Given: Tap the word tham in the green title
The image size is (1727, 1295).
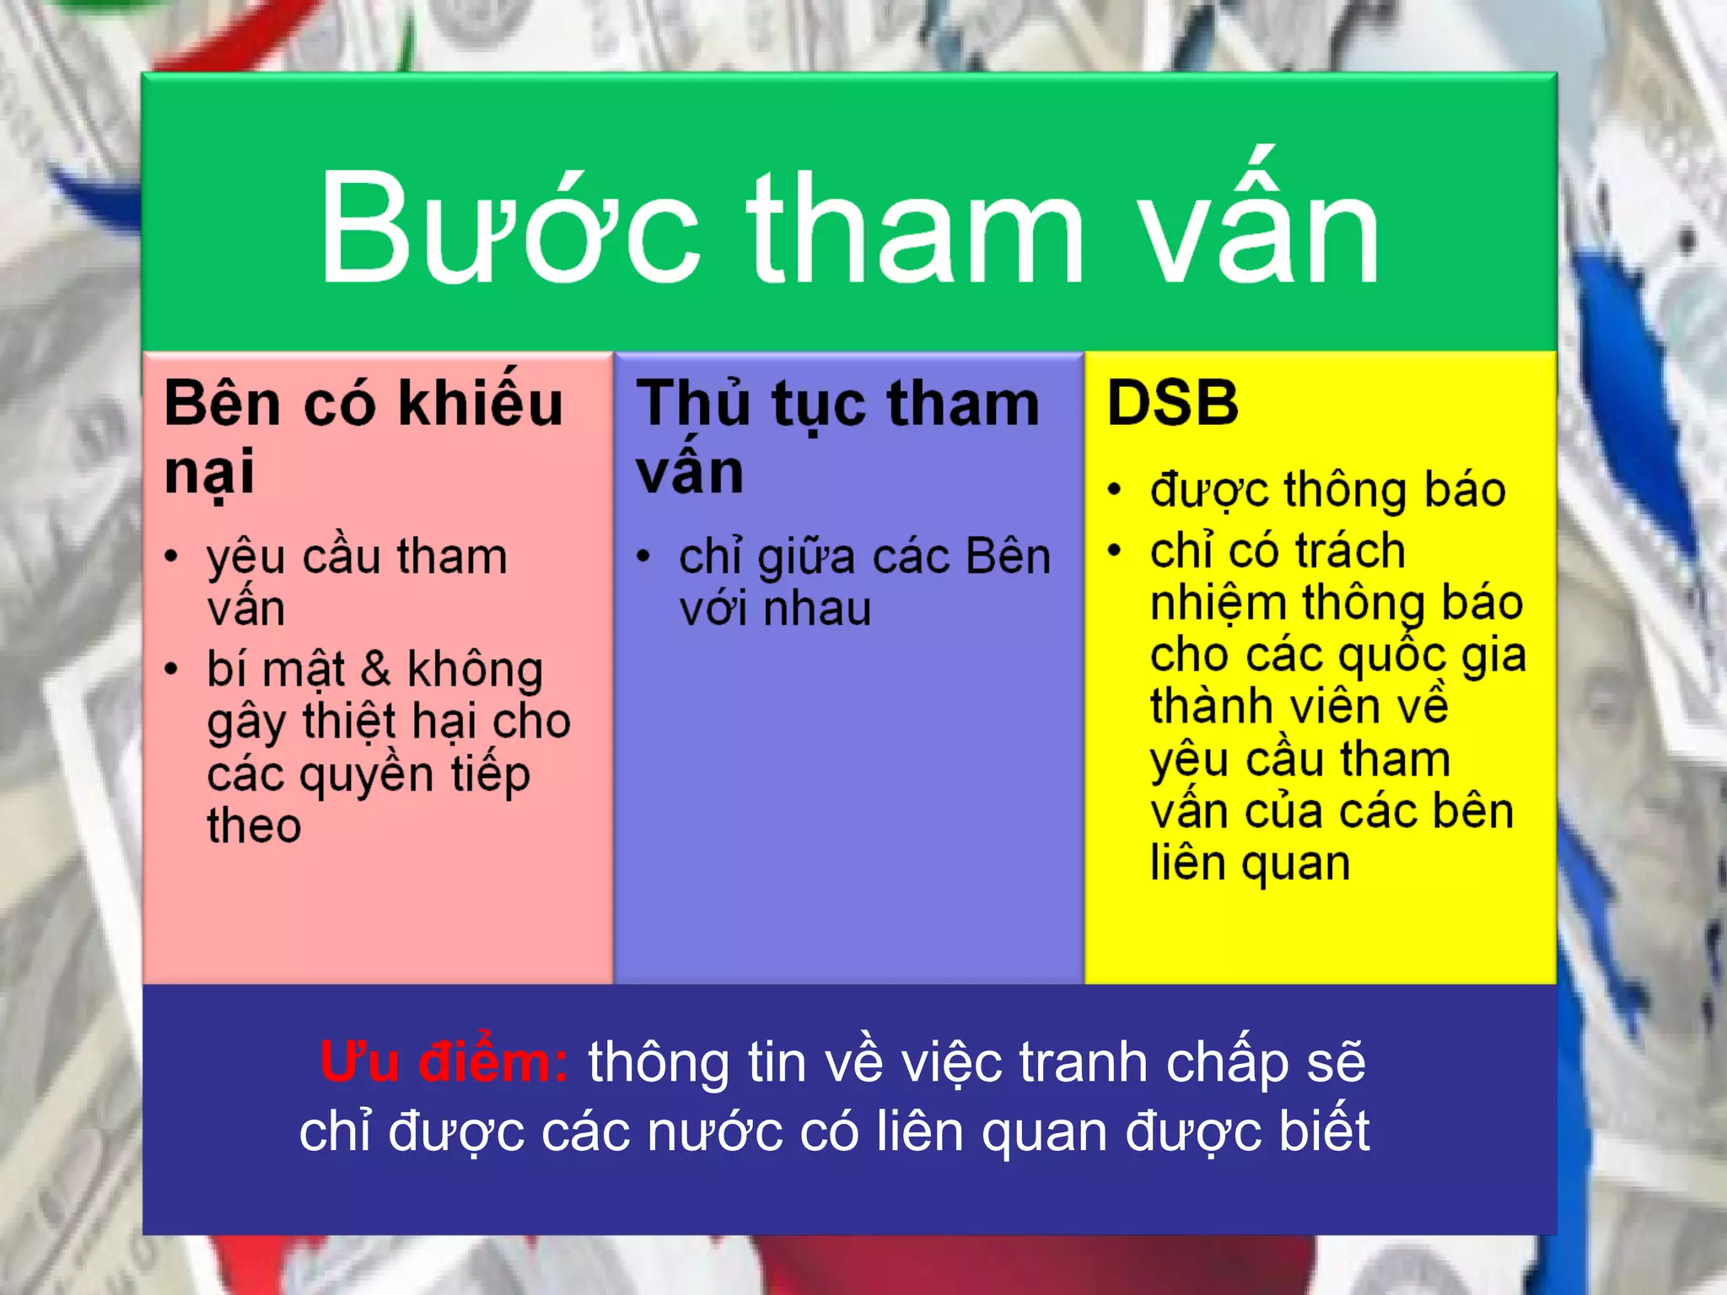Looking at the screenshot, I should (x=916, y=228).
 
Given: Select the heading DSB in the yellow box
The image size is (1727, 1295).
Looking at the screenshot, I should (x=1172, y=403).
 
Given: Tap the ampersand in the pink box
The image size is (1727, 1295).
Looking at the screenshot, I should (x=375, y=669).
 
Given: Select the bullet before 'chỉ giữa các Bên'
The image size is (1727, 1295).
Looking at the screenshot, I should (x=643, y=556).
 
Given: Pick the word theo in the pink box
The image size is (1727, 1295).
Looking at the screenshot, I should (x=254, y=825).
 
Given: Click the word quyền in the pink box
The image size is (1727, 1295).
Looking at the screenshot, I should (x=368, y=775).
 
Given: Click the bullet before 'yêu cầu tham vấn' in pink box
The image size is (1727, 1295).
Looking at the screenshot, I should (x=172, y=556).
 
